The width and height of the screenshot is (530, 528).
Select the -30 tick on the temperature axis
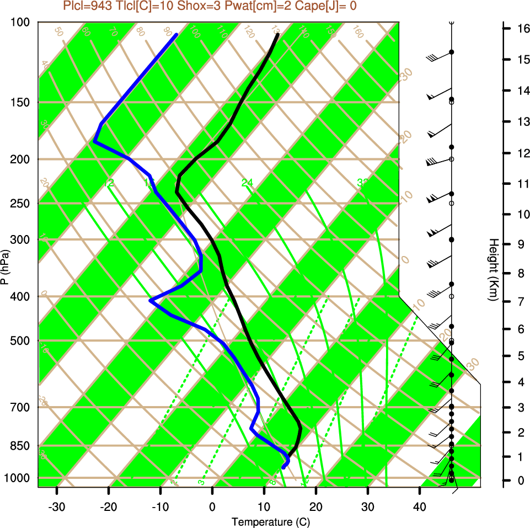[57, 507]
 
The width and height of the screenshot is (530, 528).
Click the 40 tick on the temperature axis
[419, 507]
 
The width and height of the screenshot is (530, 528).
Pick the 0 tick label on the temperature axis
[212, 507]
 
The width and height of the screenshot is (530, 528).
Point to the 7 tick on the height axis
[521, 302]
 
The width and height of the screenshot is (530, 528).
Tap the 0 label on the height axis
[521, 481]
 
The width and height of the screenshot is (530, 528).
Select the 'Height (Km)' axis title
[494, 270]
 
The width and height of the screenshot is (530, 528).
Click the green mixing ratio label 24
[247, 183]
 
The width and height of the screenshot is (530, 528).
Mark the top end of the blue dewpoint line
[176, 35]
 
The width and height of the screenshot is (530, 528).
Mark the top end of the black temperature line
[278, 35]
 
